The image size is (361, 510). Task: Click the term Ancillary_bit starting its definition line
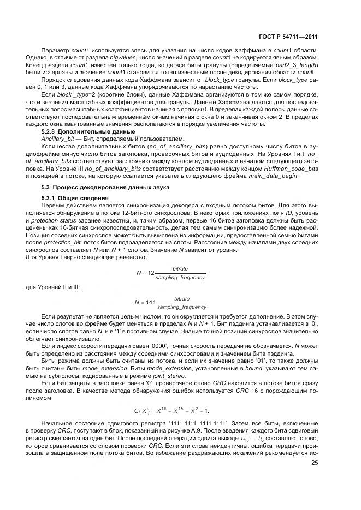coord(57,139)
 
